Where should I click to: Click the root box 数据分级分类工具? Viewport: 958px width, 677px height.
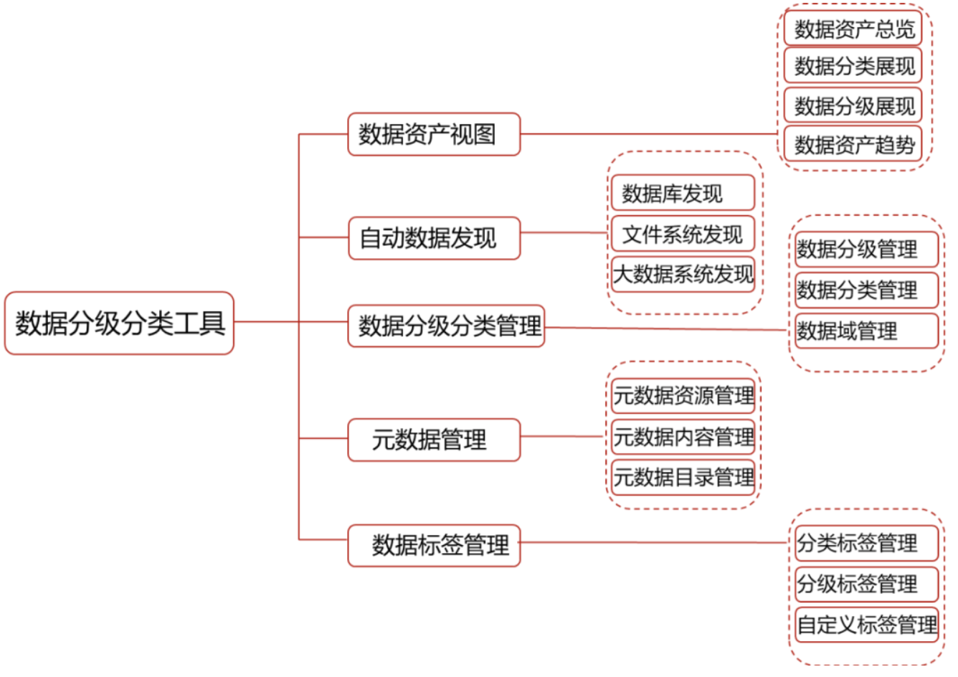click(x=119, y=323)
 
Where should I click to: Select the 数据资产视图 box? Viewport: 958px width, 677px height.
click(x=433, y=134)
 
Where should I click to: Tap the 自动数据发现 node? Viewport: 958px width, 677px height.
click(x=433, y=237)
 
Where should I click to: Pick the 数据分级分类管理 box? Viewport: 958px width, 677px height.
click(x=446, y=326)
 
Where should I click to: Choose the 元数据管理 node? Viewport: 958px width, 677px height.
click(x=433, y=440)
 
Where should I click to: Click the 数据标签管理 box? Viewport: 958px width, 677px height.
click(x=433, y=545)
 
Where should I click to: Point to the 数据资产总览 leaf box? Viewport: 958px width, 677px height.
click(x=852, y=29)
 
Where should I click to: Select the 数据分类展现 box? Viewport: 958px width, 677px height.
click(x=852, y=67)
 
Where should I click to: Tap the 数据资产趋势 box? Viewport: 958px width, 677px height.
click(x=852, y=144)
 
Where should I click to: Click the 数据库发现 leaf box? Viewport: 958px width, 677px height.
click(x=682, y=193)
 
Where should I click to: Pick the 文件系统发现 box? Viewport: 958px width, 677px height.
click(x=682, y=234)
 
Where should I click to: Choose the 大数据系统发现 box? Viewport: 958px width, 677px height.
click(x=682, y=274)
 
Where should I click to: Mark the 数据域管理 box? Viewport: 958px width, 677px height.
click(x=865, y=331)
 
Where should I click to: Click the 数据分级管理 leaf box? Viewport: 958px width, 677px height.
click(x=865, y=249)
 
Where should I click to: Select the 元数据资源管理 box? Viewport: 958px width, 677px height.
click(x=682, y=395)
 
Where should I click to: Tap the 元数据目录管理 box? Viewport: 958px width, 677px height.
click(x=682, y=477)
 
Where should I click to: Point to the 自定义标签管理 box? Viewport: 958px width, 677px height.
click(x=865, y=624)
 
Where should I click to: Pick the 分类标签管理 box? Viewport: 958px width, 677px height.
click(x=865, y=543)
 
